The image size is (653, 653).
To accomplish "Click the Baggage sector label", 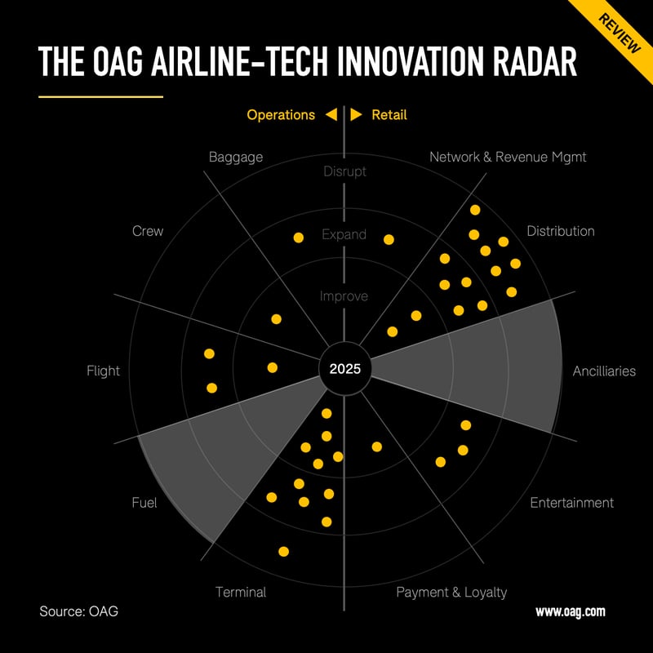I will click(236, 157).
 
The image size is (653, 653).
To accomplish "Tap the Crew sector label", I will click(148, 231).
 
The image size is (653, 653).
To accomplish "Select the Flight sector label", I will click(103, 371).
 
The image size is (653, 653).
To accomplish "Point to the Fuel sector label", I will click(144, 503).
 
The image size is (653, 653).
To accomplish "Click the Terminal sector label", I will click(241, 592).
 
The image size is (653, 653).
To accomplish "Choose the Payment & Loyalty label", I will click(451, 592).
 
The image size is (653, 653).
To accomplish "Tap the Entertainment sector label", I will click(571, 502).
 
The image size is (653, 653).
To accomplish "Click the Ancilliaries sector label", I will click(604, 371).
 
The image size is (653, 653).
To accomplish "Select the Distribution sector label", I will click(561, 231).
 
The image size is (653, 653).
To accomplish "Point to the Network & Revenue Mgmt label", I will click(508, 157).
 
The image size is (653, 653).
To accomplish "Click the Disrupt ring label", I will click(344, 171).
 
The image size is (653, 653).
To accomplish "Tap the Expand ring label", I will click(344, 234).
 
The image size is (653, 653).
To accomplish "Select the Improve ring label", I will click(344, 296).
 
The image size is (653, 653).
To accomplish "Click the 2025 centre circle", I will click(344, 368).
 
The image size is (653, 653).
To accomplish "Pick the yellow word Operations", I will click(281, 115).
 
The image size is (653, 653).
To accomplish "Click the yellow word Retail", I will click(389, 115).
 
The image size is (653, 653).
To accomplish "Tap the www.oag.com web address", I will click(571, 611).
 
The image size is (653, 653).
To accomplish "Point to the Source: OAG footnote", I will click(78, 611).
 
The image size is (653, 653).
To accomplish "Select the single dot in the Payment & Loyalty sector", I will click(377, 446).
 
